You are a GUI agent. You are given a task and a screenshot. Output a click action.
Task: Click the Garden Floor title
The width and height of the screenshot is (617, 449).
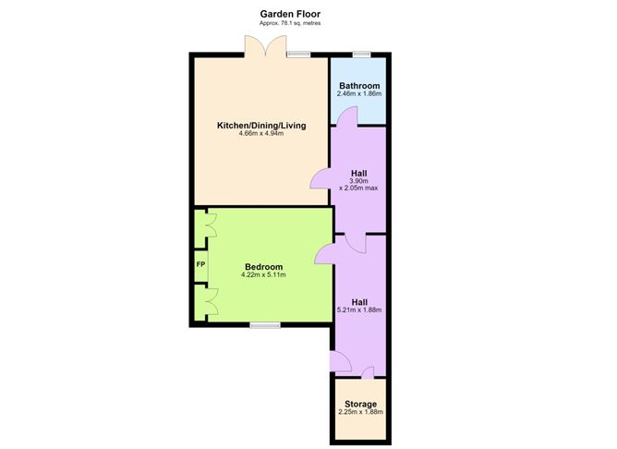290,14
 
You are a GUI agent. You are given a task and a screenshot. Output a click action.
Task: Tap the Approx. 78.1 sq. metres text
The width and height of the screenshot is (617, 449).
290,23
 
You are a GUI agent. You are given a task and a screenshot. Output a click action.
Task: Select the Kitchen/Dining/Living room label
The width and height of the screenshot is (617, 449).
261,126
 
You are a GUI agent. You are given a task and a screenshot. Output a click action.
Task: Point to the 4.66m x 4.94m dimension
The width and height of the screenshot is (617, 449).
261,133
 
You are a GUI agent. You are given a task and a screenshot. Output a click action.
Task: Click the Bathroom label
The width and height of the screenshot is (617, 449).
359,86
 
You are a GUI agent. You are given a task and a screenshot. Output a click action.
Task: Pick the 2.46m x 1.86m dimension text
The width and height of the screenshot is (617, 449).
359,94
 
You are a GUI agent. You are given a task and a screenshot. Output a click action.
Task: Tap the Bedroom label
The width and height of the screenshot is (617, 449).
263,267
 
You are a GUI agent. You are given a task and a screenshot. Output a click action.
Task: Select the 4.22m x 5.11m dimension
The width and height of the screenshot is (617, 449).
263,274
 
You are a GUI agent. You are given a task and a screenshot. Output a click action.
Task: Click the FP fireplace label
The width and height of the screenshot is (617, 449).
200,264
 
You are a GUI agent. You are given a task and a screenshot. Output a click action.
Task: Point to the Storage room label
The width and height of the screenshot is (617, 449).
361,404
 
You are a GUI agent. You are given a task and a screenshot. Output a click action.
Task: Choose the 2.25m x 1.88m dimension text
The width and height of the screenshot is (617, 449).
361,412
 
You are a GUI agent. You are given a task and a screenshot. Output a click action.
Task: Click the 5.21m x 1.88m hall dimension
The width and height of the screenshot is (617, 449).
359,309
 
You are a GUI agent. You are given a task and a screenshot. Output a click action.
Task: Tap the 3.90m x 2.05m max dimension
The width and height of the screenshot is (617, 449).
359,185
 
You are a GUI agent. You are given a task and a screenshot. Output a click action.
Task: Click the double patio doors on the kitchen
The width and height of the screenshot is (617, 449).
266,46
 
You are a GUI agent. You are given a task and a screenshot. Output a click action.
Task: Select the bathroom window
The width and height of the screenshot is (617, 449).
362,55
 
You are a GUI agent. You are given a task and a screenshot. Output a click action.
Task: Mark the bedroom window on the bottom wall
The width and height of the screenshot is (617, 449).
265,325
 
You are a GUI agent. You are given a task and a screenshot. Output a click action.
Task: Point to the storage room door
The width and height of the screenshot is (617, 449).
368,372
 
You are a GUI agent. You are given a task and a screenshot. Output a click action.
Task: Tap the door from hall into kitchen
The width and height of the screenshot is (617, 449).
321,178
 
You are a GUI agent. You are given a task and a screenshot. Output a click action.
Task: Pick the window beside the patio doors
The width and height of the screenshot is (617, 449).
298,55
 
